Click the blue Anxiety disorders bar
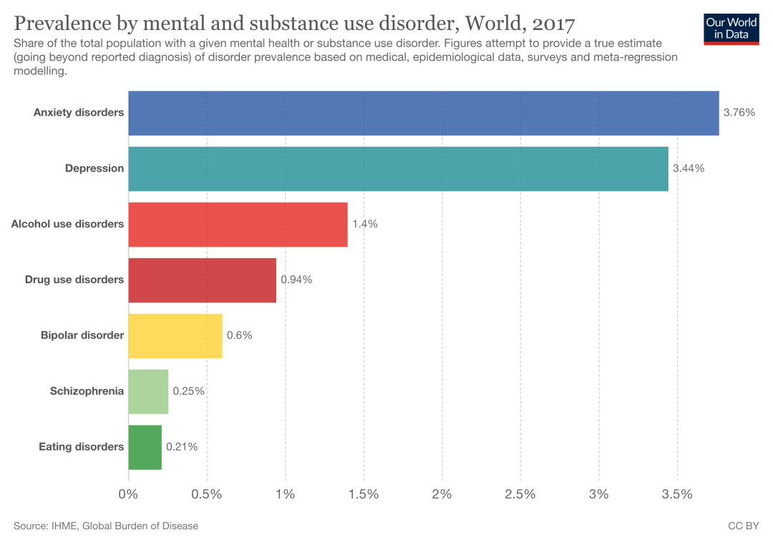[423, 113]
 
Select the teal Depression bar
[398, 169]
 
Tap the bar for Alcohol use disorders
[238, 225]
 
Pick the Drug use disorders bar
[202, 280]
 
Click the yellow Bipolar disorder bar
[175, 336]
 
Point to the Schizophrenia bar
[148, 392]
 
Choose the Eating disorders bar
[145, 448]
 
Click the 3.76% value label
[739, 112]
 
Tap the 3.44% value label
[689, 168]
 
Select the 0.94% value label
[296, 280]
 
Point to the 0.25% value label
[188, 391]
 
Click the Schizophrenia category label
[87, 391]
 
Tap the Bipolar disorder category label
[82, 335]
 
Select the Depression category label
[94, 168]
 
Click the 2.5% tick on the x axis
[520, 494]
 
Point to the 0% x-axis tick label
[128, 494]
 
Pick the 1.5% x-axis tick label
[364, 494]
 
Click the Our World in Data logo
[731, 29]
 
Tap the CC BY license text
[743, 526]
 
